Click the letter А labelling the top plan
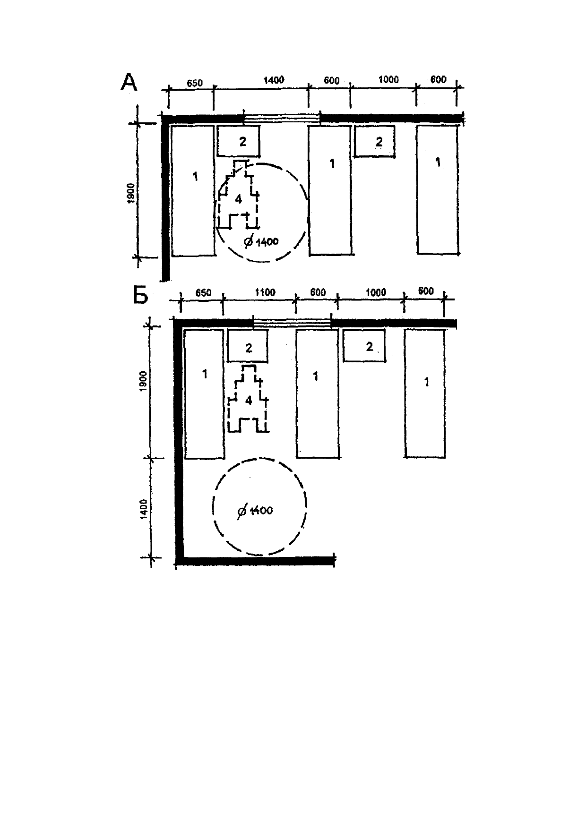129,82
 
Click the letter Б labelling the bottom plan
140,296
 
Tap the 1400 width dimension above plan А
274,80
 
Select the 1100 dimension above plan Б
265,292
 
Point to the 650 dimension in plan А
194,83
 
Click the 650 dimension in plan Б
203,292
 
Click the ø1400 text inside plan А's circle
261,241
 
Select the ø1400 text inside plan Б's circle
255,511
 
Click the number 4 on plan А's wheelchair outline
239,199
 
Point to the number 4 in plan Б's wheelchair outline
249,401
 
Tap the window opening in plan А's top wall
282,118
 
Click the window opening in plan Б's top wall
292,323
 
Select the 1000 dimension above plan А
388,80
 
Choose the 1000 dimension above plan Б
376,292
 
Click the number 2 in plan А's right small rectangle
379,141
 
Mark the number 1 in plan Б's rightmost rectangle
427,382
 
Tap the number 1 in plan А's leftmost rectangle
195,177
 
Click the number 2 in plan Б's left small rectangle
249,348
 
